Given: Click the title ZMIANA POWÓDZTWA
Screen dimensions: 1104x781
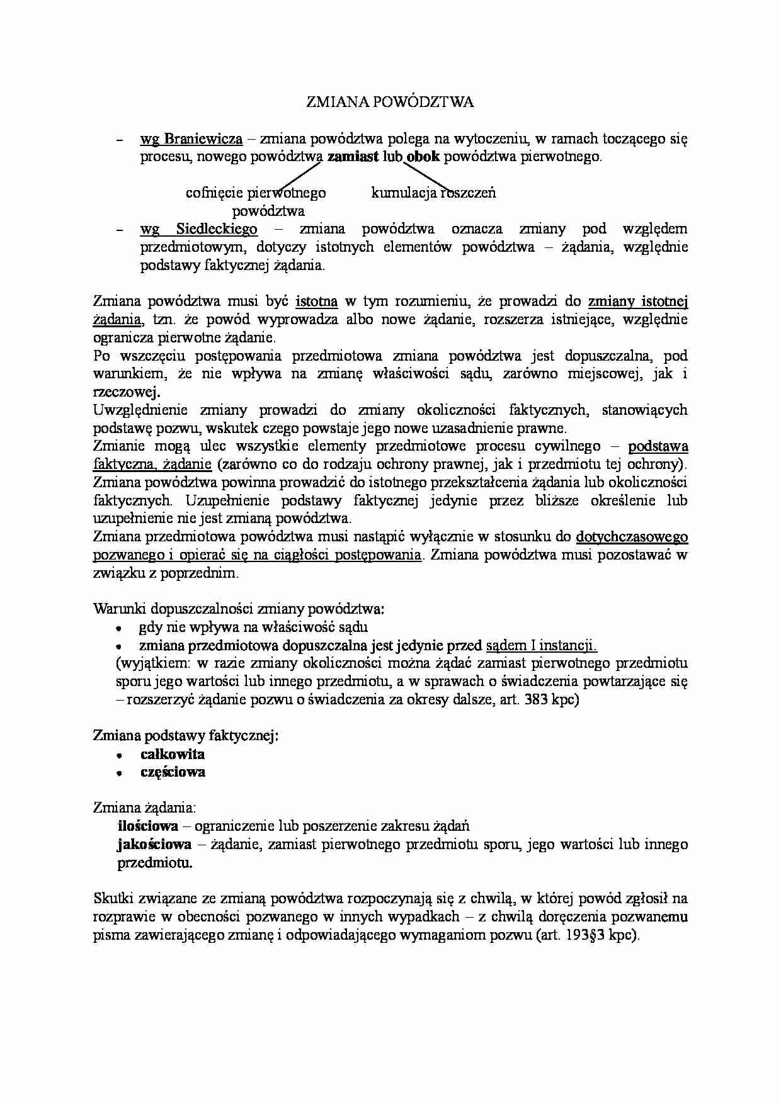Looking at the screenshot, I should [x=389, y=102].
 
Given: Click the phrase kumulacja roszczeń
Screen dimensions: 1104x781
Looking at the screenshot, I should [x=433, y=193].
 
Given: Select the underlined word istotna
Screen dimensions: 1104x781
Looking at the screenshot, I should [x=316, y=301].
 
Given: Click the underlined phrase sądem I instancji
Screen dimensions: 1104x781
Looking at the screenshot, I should [x=542, y=645].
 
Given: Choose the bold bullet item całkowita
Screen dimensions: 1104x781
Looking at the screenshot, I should [x=173, y=754].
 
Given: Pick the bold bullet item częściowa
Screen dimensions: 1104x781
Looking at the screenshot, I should [x=173, y=772].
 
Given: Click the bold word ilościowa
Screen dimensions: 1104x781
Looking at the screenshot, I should [x=148, y=826].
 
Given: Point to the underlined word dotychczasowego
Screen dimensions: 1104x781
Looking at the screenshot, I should [x=632, y=538].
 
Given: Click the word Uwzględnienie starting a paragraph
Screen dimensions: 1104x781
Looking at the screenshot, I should [x=140, y=410].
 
